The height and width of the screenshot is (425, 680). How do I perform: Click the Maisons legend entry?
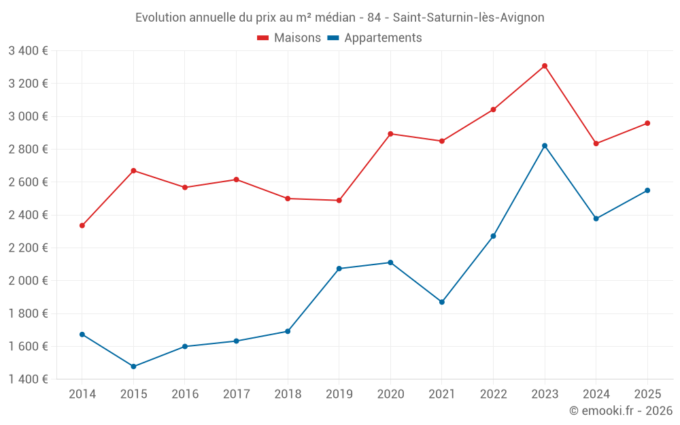coord(290,38)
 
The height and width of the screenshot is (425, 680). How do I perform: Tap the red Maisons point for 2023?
coord(545,66)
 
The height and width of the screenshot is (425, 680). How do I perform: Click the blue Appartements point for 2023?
coord(545,146)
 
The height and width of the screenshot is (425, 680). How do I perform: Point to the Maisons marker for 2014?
coord(82,226)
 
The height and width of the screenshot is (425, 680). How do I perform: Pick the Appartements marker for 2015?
coord(133,367)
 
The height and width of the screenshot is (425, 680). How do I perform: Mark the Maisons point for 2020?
coord(390,134)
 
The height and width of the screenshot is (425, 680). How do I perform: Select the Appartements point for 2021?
coord(442,302)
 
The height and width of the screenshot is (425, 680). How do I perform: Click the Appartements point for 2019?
coord(339,269)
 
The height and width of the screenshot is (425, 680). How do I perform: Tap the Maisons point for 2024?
coord(596,143)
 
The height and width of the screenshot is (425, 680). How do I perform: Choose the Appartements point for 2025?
coord(647,190)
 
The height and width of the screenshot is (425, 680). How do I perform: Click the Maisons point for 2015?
coord(133,171)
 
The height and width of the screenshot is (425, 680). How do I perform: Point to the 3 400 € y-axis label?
coord(29,50)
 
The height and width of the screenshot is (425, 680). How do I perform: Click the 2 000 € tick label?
coord(29,281)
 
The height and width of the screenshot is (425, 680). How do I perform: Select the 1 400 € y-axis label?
coord(29,379)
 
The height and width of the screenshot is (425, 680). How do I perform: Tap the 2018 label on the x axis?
coord(288,394)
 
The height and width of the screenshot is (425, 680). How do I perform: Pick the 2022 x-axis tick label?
coord(493,394)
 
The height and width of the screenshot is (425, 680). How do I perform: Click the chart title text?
coord(340,18)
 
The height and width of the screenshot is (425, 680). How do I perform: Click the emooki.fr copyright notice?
coord(621,411)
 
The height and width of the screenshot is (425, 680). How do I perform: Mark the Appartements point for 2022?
coord(494,236)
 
